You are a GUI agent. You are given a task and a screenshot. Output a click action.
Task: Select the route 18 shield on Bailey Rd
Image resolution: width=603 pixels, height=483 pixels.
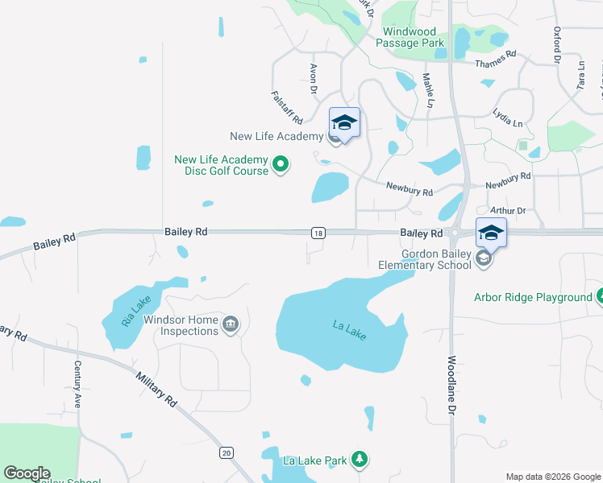coord(318,233)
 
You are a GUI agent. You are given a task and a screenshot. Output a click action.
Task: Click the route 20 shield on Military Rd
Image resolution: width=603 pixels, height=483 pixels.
coord(227,453)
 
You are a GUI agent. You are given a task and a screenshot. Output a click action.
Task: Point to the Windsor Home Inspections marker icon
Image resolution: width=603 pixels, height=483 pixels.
coord(230,324)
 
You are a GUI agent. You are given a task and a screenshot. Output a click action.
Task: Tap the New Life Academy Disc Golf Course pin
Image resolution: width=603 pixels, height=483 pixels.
coord(281,166)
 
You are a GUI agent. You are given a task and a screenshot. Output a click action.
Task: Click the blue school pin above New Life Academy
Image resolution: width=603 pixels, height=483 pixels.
coord(344,123)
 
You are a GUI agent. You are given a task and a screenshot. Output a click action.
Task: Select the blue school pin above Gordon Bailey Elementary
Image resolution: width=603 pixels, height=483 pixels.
coord(491,233)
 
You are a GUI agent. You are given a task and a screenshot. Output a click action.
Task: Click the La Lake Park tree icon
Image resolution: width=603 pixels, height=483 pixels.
coord(360,460)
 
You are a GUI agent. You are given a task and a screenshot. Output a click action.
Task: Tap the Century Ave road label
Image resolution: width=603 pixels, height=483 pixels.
coord(77,385)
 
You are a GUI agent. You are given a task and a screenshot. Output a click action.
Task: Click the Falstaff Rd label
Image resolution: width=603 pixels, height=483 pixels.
coord(286,107)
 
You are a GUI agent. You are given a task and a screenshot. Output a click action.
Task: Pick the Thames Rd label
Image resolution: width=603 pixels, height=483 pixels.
coord(495,60)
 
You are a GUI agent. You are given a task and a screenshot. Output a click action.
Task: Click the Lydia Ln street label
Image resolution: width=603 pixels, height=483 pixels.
coord(507,119)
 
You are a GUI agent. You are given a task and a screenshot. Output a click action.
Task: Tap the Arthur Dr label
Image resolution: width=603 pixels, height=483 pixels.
coord(508,211)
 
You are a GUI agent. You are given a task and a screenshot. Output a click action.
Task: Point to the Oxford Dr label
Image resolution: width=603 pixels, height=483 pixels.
coord(556,43)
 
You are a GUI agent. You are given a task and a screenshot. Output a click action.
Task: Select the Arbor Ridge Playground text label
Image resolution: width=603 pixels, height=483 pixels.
coord(533,297)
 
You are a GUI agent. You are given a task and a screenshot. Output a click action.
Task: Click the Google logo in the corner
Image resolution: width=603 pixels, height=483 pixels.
coord(27,473)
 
